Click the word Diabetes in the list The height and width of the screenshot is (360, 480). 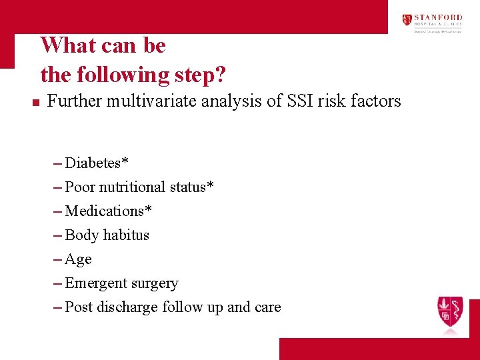coord(94,163)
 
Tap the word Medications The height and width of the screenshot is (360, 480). coord(105,211)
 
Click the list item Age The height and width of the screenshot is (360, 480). coord(78,259)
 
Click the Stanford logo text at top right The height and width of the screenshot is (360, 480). coord(438,20)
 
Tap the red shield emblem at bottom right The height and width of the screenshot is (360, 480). coord(450,311)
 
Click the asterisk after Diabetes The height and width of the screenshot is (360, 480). coord(126,162)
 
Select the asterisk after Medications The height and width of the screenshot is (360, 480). coord(149,210)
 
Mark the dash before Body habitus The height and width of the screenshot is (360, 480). coord(57,235)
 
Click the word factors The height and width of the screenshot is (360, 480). coord(377,101)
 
